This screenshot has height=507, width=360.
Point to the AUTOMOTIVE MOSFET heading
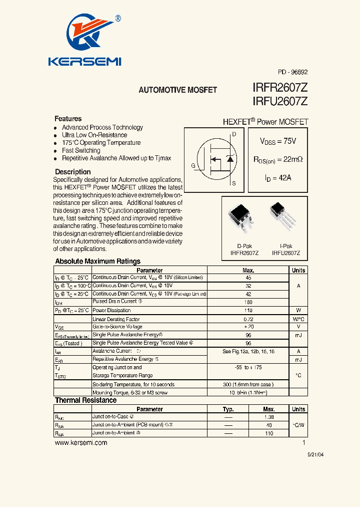[177, 90]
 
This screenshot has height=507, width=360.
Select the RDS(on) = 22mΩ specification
[278, 160]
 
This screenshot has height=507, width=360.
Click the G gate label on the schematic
[193, 166]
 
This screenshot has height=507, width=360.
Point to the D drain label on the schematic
[234, 134]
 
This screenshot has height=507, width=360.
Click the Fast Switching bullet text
[81, 150]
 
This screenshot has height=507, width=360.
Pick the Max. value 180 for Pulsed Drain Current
[248, 302]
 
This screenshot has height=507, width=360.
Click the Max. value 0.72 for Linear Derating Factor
[248, 319]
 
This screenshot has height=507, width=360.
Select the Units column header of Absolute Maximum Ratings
[298, 270]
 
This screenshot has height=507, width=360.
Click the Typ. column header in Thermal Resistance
[228, 409]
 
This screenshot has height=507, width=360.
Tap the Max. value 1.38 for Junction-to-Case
[269, 417]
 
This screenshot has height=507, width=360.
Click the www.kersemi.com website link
[80, 443]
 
